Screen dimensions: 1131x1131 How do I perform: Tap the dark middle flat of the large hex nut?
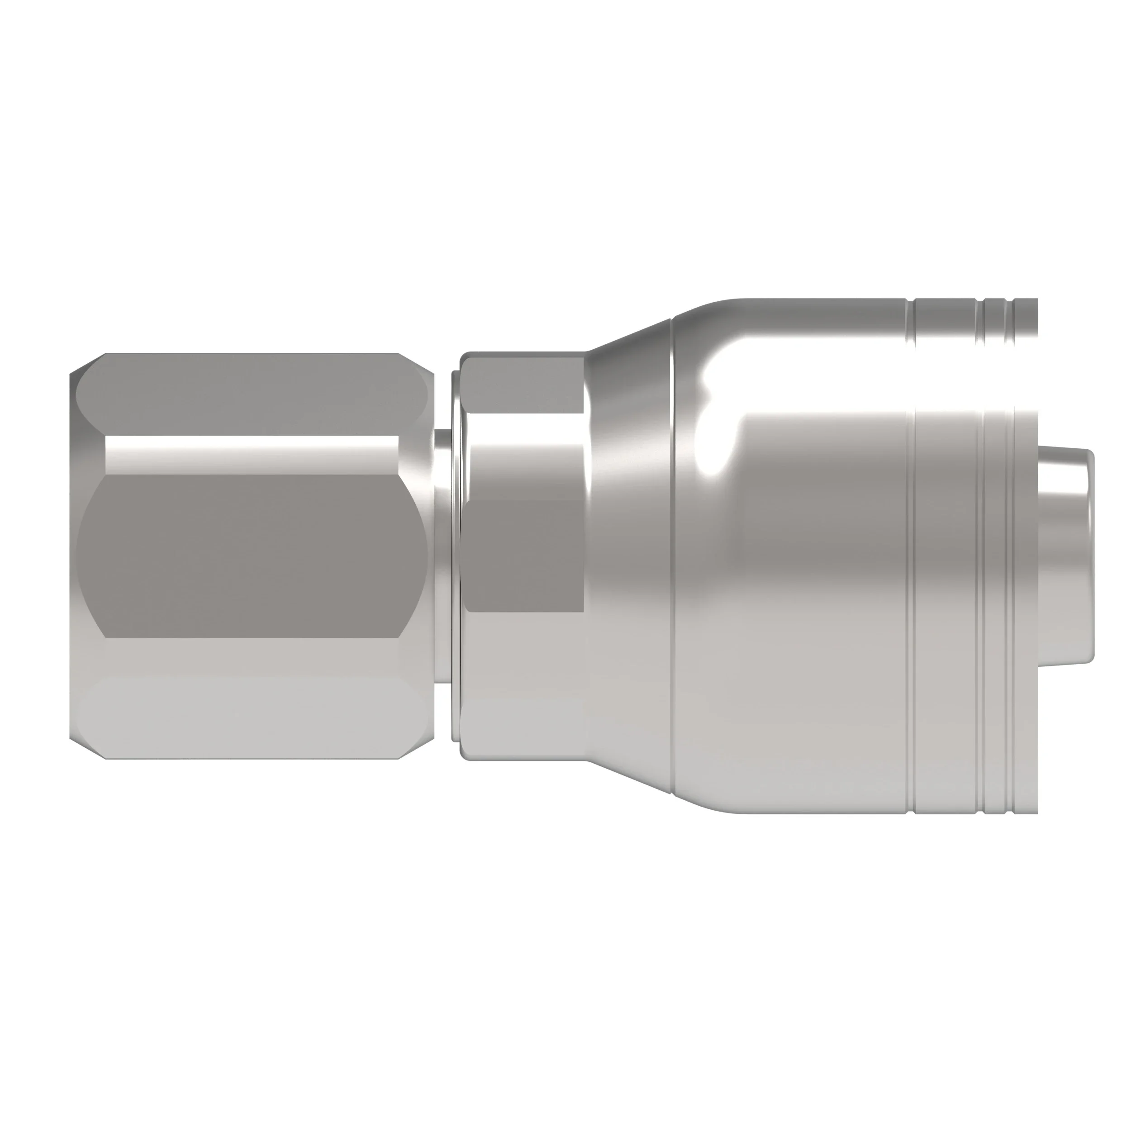(x=252, y=553)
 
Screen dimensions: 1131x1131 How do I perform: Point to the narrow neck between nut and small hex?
(x=443, y=556)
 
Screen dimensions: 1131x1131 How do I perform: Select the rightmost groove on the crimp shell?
(x=1010, y=556)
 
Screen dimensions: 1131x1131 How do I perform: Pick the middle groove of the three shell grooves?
(x=985, y=556)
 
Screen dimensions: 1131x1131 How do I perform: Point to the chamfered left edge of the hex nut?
(x=73, y=556)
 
